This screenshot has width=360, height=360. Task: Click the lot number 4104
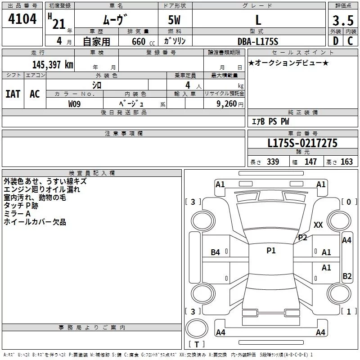pyautogui.click(x=22, y=19)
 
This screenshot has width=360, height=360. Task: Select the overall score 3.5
pyautogui.click(x=343, y=20)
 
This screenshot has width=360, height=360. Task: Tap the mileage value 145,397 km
pyautogui.click(x=53, y=65)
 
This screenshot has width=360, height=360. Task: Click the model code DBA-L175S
pyautogui.click(x=258, y=41)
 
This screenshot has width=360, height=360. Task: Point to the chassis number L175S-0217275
pyautogui.click(x=302, y=143)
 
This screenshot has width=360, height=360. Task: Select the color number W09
pyautogui.click(x=74, y=104)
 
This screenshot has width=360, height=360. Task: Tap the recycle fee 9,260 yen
pyautogui.click(x=230, y=104)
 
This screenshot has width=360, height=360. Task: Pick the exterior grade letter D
pyautogui.click(x=336, y=41)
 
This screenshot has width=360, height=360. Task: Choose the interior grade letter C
pyautogui.click(x=350, y=41)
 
